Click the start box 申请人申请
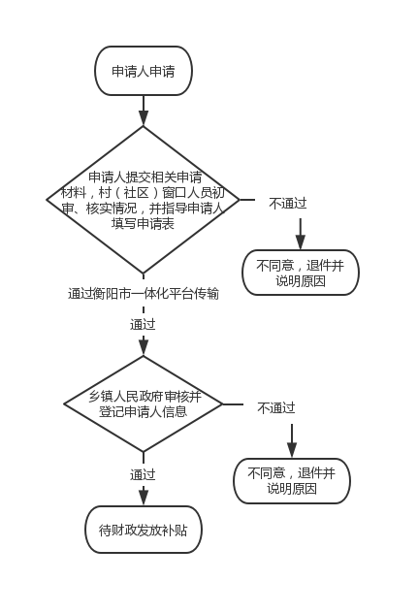click(x=144, y=71)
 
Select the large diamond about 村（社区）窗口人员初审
click(x=144, y=200)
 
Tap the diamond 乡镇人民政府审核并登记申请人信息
click(x=144, y=403)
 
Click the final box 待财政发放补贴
click(x=144, y=530)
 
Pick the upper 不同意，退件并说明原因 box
click(x=301, y=273)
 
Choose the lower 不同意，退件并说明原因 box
click(x=292, y=481)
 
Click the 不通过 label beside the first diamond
click(x=288, y=204)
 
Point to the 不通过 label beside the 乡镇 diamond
click(x=276, y=408)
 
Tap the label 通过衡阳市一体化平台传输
click(x=144, y=294)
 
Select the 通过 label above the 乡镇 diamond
click(x=143, y=324)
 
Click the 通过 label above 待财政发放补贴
click(x=143, y=474)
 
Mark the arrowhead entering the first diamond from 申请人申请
click(x=144, y=118)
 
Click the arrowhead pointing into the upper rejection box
click(x=301, y=242)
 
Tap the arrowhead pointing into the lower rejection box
click(x=292, y=450)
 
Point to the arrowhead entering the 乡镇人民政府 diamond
click(x=144, y=348)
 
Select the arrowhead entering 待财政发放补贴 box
click(x=144, y=499)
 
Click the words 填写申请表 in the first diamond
click(x=143, y=224)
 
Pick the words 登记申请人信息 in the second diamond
click(x=144, y=411)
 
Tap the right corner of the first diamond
click(x=240, y=200)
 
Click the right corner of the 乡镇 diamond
click(x=222, y=403)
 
